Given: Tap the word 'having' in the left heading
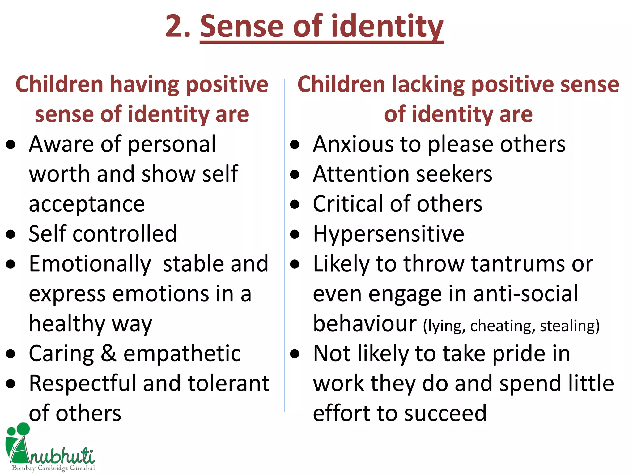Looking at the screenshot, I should click(x=144, y=84).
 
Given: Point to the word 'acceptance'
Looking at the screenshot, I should click(x=87, y=204).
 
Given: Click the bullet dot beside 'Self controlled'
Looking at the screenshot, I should click(x=11, y=234).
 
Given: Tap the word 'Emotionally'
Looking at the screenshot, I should click(x=90, y=264).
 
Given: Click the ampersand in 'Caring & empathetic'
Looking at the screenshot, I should click(x=108, y=353).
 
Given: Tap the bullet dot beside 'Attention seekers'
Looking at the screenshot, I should click(x=295, y=174).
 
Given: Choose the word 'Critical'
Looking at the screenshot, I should click(x=348, y=204).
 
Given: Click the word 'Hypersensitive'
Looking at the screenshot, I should click(x=389, y=234).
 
